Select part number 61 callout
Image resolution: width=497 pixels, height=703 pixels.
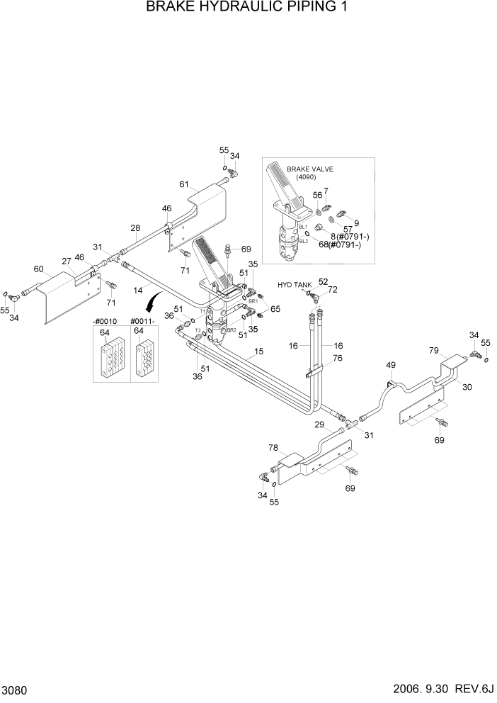(x=184, y=184)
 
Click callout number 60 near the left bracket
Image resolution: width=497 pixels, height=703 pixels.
(x=38, y=269)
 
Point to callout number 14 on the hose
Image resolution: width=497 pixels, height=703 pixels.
(x=139, y=291)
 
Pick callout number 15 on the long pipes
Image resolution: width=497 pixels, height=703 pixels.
(x=258, y=351)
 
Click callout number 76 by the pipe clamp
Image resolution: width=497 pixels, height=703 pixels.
(x=337, y=358)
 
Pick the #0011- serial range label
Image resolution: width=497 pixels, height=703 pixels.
(x=144, y=321)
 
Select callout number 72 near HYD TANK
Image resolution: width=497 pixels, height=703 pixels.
(x=333, y=291)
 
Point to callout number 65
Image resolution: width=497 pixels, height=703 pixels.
(x=275, y=309)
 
